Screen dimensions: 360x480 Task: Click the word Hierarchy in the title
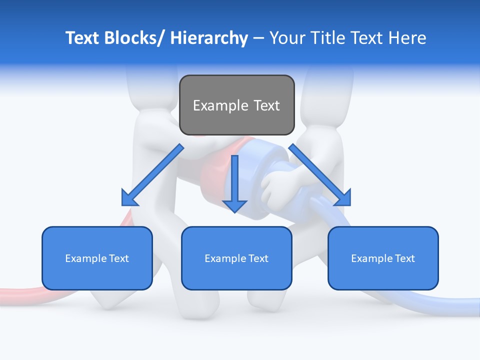(x=209, y=38)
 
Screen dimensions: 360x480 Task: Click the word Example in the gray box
(x=220, y=105)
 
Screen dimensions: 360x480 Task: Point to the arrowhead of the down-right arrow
(x=343, y=197)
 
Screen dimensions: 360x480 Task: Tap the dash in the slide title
(x=258, y=38)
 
